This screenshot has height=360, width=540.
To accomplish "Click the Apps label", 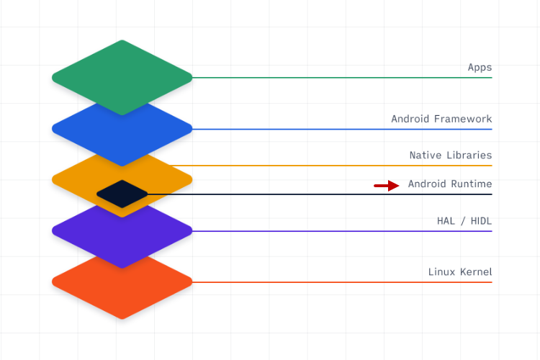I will tap(480, 68).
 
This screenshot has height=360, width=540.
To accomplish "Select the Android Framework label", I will tap(441, 119).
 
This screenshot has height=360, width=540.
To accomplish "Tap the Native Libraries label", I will tap(451, 155).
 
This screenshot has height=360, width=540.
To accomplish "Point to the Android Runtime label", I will tap(450, 184).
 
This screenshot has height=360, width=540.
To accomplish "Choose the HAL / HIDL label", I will tap(464, 221).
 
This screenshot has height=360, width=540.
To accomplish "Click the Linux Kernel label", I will tap(460, 271).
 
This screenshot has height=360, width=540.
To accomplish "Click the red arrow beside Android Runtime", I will tap(386, 186).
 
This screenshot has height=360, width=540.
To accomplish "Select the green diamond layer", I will tap(122, 72).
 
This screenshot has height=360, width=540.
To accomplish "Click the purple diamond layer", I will tap(122, 241).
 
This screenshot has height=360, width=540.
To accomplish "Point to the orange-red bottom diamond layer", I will tap(122, 288).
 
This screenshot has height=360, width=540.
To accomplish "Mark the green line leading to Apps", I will tap(338, 77).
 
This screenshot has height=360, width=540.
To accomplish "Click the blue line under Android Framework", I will tap(338, 129).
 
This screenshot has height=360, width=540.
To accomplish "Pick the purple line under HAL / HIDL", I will tap(338, 231).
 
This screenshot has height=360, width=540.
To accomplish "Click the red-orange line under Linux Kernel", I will tap(338, 282).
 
